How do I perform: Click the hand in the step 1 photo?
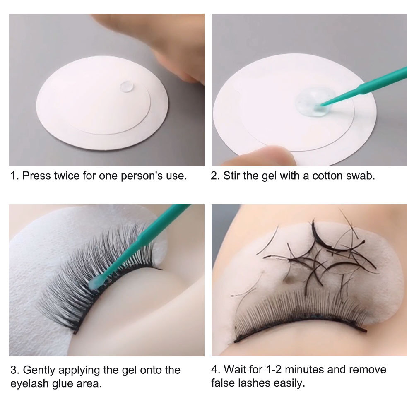click(x=174, y=46)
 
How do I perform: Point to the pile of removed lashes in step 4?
click(x=319, y=253)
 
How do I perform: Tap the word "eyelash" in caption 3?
click(x=27, y=383)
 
